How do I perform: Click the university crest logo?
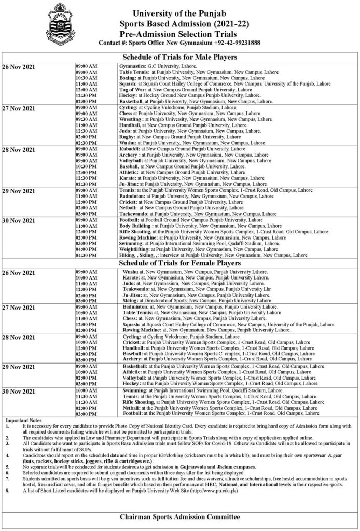click(62, 24)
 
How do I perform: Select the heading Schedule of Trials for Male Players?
click(179, 57)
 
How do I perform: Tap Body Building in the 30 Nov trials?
click(135, 226)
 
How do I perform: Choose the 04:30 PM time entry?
click(86, 255)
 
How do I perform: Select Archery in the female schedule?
click(132, 358)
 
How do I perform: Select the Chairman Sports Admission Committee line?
click(179, 517)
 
